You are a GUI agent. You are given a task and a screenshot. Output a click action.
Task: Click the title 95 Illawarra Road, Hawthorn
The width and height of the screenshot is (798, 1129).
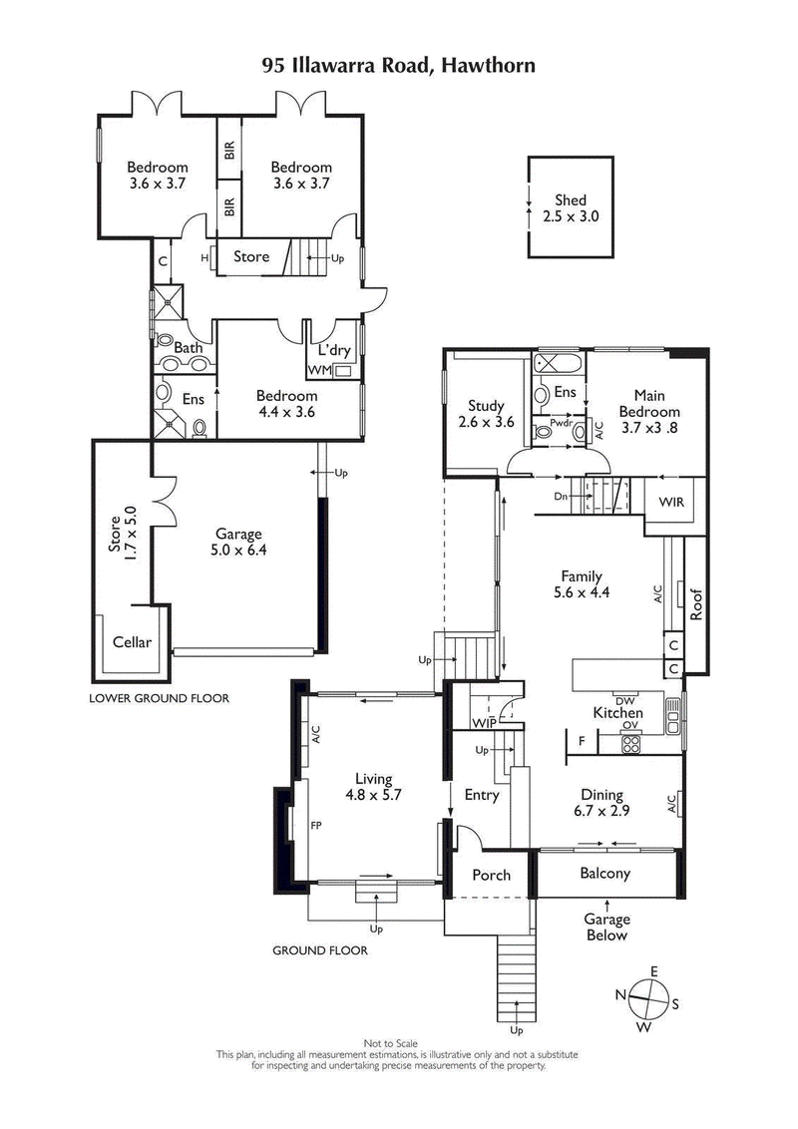(399, 66)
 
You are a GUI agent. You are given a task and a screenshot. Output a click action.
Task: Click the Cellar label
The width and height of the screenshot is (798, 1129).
(132, 641)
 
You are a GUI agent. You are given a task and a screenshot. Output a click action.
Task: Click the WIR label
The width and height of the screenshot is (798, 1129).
(670, 502)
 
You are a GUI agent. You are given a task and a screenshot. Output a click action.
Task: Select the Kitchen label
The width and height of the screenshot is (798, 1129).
(618, 713)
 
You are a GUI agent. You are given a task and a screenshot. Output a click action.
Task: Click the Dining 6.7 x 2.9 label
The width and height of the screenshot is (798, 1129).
(602, 803)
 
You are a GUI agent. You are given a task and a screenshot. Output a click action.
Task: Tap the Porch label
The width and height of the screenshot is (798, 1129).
(491, 875)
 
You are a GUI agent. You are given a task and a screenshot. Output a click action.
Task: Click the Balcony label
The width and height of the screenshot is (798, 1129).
(605, 873)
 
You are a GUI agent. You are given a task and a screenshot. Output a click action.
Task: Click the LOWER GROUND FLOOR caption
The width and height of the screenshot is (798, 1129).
(159, 698)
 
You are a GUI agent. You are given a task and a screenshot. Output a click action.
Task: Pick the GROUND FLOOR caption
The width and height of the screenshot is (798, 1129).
(320, 950)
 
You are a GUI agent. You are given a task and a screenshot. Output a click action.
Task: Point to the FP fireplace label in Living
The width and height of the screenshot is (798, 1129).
(316, 826)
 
